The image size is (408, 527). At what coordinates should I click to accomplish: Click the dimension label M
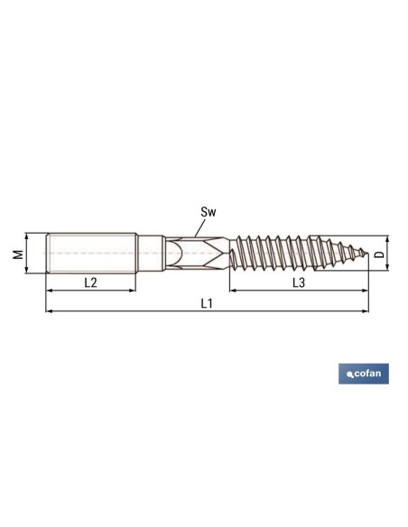click(16, 254)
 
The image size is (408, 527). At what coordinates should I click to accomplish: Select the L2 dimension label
click(90, 282)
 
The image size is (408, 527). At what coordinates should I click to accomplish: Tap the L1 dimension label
click(207, 303)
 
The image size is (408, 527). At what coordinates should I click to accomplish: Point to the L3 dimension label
click(299, 282)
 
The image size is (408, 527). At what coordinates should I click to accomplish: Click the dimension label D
click(380, 254)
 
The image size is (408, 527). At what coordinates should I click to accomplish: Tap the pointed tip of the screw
click(367, 254)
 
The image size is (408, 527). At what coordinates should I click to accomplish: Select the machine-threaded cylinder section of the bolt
click(90, 254)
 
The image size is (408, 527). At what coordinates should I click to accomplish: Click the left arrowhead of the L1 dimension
click(48, 311)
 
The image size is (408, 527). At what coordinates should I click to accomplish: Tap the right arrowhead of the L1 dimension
click(366, 311)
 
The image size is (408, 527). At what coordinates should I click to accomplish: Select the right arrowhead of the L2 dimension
click(133, 291)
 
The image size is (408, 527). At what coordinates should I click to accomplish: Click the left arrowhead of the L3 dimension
click(233, 291)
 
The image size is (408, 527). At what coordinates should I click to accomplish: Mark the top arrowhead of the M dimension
click(28, 237)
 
